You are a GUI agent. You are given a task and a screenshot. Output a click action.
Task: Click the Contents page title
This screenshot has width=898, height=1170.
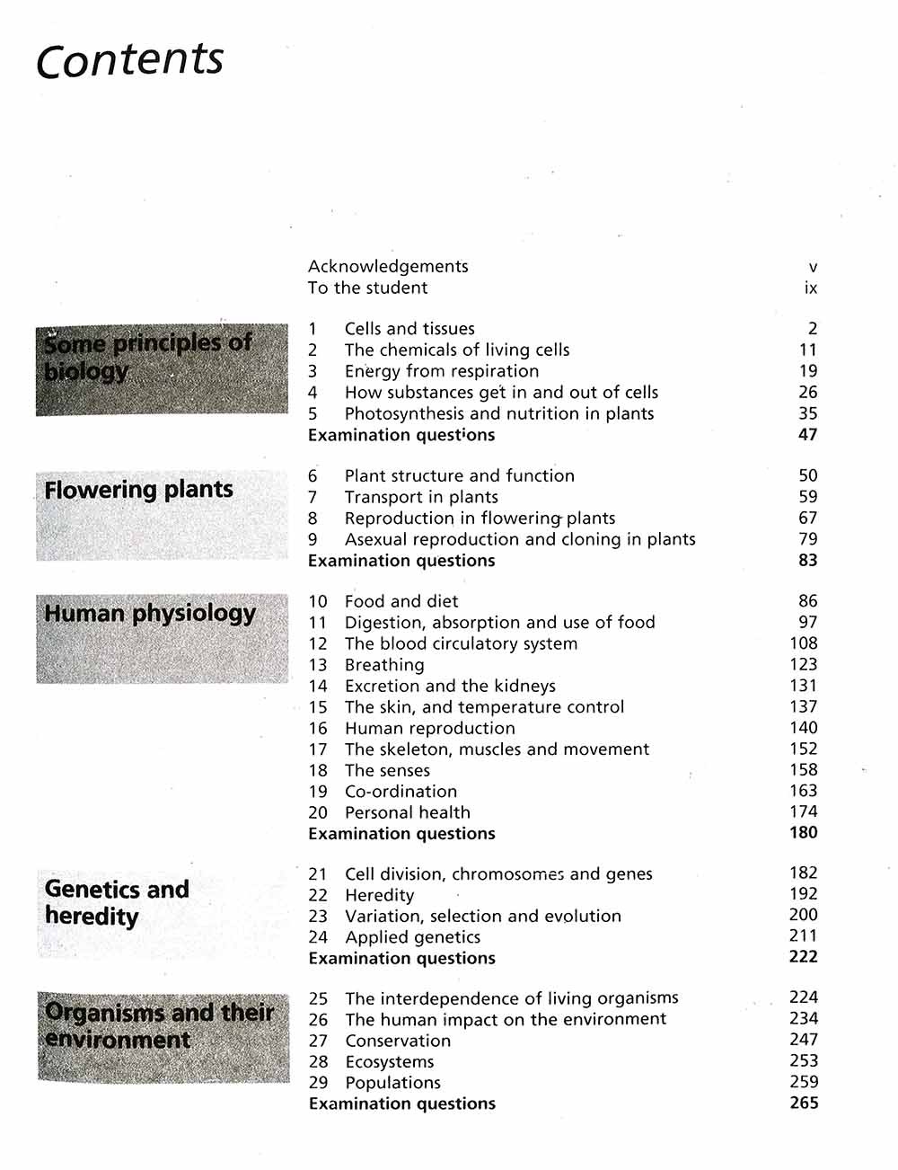[129, 60]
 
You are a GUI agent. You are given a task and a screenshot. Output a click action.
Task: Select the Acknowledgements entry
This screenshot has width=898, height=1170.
[388, 266]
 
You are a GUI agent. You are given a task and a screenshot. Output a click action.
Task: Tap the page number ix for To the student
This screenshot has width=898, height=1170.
[811, 288]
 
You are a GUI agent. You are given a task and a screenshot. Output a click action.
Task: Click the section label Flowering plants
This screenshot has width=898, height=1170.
[138, 490]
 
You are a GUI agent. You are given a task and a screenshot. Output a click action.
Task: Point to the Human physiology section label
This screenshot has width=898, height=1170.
[150, 614]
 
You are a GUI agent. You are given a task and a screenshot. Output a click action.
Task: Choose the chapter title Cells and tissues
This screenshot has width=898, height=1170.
[409, 329]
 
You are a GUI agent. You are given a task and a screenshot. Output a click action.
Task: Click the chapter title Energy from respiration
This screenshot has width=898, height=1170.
[442, 371]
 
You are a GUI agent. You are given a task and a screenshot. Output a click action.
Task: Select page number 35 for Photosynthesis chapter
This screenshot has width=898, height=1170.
[807, 413]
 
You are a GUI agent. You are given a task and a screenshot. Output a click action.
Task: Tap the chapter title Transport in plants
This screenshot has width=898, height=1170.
[421, 497]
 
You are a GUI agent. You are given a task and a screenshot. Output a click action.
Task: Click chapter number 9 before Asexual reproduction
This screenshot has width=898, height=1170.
[313, 539]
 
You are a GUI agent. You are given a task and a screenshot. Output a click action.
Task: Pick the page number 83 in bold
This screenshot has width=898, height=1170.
[807, 560]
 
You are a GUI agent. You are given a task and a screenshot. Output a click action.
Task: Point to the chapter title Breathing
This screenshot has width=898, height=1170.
[384, 665]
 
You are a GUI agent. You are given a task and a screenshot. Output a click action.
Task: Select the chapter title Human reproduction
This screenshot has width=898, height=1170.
[430, 728]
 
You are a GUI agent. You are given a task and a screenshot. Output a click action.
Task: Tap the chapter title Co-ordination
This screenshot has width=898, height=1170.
[401, 792]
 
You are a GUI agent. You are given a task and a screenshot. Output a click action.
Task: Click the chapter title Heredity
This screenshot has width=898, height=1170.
[380, 895]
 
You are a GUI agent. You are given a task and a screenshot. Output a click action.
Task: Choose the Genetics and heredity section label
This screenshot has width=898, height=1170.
[117, 902]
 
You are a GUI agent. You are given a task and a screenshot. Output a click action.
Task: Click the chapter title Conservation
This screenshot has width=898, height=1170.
[398, 1041]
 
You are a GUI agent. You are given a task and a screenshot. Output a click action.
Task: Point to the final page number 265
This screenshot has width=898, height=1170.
[804, 1103]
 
